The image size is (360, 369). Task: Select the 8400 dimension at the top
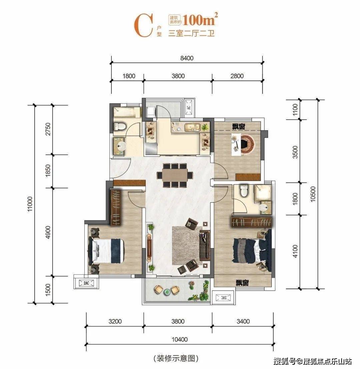point(187,58)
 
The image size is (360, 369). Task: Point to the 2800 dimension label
point(237,76)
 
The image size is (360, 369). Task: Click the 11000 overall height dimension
point(31,204)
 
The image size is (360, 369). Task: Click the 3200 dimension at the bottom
point(115,322)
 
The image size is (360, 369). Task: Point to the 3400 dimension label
point(243,322)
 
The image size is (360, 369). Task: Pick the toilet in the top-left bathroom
point(119,126)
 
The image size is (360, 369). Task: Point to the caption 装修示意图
point(176,359)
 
